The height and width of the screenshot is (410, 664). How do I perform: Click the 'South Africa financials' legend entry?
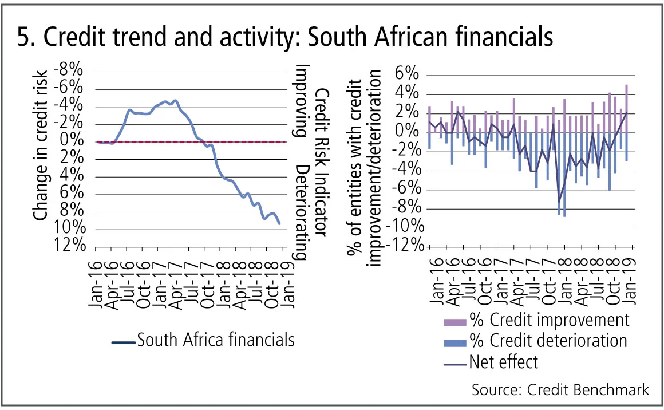[x=203, y=340]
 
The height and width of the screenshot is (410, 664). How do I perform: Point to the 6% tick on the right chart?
[x=407, y=75]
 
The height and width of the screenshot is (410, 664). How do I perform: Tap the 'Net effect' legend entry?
[x=503, y=362]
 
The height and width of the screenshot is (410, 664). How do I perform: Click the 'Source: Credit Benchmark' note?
[x=560, y=389]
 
